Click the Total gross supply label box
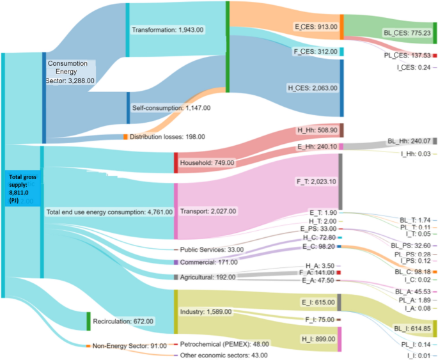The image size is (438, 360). pos(22,187)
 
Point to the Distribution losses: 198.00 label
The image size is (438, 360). pos(167,137)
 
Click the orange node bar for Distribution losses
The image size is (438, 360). pos(125,137)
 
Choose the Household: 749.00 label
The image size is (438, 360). pos(207,163)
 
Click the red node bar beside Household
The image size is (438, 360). pos(176,162)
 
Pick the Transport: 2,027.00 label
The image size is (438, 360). pos(208,211)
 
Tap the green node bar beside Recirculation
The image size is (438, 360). pos(88,320)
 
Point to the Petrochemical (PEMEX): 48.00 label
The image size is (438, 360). pos(224,344)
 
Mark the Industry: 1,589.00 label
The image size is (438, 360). pos(207,312)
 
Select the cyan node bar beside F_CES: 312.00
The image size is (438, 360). pos(342,51)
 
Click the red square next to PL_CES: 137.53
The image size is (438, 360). pos(435,56)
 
